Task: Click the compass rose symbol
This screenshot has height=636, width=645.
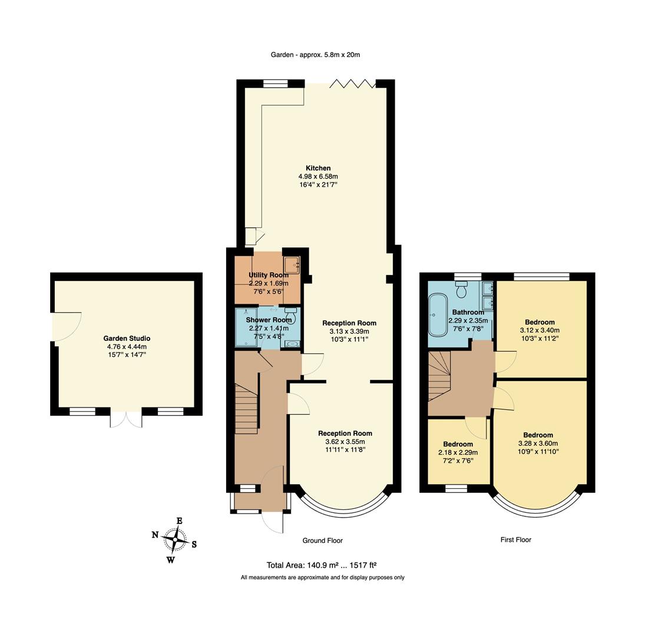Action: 175,538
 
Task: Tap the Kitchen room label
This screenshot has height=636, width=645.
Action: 318,168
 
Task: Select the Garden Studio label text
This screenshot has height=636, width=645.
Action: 127,339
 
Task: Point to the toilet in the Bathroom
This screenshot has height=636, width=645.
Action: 461,289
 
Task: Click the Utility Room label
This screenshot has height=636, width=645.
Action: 269,275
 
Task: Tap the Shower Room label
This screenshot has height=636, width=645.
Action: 269,320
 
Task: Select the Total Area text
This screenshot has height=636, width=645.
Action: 322,565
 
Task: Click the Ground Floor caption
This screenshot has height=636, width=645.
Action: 322,541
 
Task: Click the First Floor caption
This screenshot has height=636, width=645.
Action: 515,539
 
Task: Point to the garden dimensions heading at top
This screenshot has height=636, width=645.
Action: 315,55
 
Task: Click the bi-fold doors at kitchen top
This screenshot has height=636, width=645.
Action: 352,84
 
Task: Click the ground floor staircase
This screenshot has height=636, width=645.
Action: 246,408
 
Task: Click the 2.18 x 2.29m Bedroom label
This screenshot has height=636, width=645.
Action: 458,444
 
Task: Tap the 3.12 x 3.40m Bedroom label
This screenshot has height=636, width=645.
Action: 540,322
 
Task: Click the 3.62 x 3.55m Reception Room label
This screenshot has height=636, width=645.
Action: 345,433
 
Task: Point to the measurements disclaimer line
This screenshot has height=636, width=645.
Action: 322,578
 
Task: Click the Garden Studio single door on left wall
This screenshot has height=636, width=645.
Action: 66,327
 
